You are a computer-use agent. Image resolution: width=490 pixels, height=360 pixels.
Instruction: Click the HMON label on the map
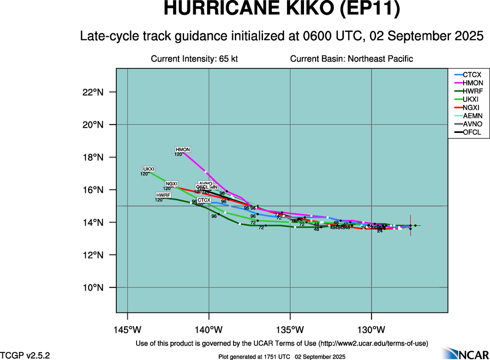tap(183, 150)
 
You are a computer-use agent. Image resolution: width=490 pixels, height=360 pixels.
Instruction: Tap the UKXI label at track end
tap(149, 169)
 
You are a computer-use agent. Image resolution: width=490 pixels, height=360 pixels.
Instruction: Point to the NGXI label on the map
tap(172, 184)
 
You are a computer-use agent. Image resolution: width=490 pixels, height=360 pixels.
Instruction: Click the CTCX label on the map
tap(204, 200)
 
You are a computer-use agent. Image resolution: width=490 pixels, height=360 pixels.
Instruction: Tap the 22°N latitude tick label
tap(93, 92)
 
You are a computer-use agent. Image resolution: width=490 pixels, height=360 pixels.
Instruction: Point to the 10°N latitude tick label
tap(93, 288)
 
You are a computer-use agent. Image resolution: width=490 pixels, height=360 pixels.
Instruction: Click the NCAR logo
tap(464, 353)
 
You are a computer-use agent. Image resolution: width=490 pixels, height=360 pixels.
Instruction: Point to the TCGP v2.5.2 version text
tap(25, 355)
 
